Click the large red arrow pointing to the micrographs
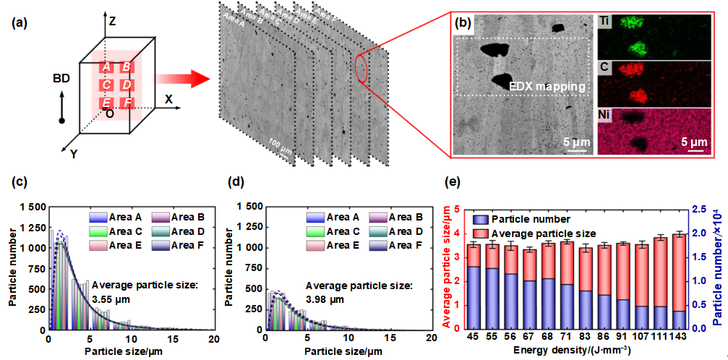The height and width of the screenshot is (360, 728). (x=181, y=78)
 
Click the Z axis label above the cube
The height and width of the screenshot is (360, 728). (x=111, y=22)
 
